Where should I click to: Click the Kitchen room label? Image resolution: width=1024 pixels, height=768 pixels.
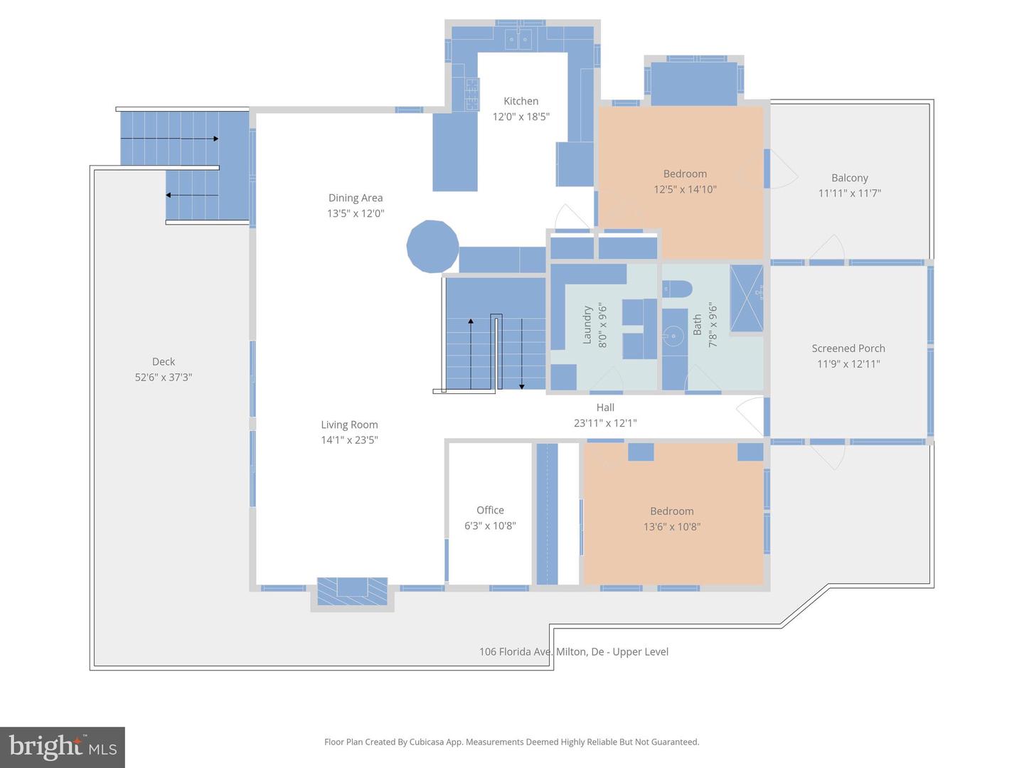coord(521,101)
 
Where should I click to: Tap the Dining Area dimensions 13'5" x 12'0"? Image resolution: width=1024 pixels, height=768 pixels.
coord(356,213)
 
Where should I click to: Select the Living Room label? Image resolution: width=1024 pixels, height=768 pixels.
coord(349,425)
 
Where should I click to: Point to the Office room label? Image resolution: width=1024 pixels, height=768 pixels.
coord(490,510)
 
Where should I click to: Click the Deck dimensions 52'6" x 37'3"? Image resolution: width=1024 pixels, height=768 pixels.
coord(164,377)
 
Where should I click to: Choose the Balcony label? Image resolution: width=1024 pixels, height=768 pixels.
coord(850,178)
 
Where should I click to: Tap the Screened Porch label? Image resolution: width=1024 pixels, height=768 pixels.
coord(848,348)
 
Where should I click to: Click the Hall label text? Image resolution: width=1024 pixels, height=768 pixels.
coord(605,407)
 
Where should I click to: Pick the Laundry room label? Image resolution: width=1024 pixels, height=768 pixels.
coord(587,325)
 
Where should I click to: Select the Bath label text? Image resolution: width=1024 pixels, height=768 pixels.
coord(697,324)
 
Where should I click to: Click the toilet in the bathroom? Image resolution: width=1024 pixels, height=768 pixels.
coord(677,289)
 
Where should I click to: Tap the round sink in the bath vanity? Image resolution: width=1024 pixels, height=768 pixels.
coord(673,336)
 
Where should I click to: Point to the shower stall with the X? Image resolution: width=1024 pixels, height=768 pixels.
coord(747,299)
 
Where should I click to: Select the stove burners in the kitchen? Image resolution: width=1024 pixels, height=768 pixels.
coord(471,94)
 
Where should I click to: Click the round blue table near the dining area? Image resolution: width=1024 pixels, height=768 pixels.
coord(432,246)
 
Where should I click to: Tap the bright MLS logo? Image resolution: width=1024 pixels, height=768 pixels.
coord(63,747)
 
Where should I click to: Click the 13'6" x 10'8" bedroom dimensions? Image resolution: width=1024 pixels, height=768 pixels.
coord(672,527)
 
